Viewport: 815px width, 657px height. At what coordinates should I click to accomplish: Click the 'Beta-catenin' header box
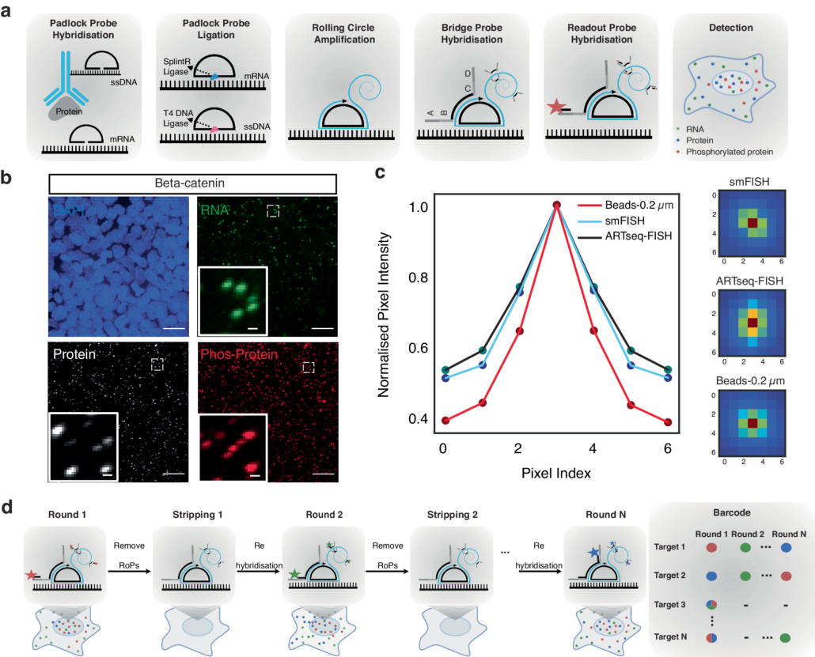193,183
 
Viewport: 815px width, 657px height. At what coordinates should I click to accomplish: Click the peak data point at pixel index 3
557,206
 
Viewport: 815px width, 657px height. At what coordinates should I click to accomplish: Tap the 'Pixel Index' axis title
557,473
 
